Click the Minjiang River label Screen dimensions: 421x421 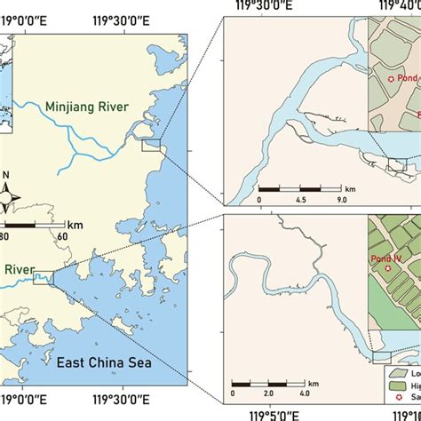[x=88, y=108]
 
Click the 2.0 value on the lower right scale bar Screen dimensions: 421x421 [x=268, y=393]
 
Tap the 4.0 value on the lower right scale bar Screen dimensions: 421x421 [x=304, y=393]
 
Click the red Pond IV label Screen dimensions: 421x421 [x=388, y=261]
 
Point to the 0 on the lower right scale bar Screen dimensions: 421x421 [x=233, y=393]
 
